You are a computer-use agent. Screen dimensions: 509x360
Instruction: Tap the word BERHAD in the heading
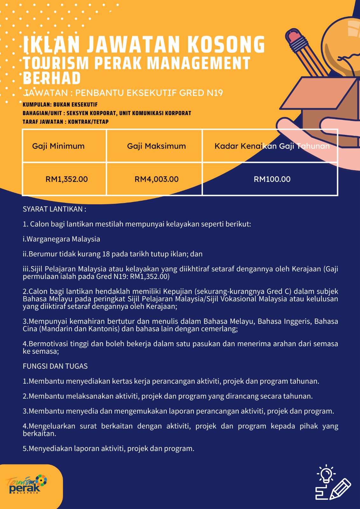click(52, 78)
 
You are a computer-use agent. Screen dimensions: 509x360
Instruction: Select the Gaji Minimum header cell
click(58, 146)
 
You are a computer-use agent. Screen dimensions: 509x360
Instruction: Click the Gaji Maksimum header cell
click(156, 146)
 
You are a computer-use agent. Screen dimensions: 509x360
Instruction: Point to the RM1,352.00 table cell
click(67, 179)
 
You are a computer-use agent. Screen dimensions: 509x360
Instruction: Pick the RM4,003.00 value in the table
click(156, 179)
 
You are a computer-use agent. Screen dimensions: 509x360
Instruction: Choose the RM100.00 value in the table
click(272, 179)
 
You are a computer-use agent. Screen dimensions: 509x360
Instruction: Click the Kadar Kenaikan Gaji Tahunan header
click(272, 146)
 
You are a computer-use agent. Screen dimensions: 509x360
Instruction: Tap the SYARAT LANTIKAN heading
click(54, 209)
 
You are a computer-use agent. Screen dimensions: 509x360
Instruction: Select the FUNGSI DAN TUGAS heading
click(55, 366)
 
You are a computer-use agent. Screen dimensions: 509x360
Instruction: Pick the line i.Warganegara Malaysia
click(61, 239)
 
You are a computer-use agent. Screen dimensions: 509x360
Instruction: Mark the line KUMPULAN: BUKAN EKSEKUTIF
click(60, 105)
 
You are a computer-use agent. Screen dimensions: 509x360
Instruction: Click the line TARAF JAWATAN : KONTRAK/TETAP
click(66, 122)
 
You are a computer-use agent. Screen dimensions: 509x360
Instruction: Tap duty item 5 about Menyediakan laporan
click(108, 449)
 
